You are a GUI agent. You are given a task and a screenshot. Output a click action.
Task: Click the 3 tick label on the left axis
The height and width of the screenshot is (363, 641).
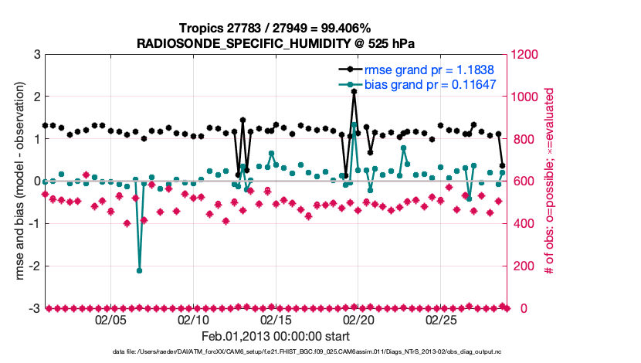pos(36,55)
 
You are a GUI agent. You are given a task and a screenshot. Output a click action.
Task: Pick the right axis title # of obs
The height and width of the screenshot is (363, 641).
pos(549,181)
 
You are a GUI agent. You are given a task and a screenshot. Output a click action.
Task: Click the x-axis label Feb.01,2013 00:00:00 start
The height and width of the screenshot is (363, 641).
pos(275,337)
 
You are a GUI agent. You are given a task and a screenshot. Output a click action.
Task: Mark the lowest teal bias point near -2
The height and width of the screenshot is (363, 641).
pos(140,270)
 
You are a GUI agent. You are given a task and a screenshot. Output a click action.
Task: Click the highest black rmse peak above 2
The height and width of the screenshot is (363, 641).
pos(354,92)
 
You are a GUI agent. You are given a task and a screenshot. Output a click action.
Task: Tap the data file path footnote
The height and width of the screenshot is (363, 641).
pos(275,352)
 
